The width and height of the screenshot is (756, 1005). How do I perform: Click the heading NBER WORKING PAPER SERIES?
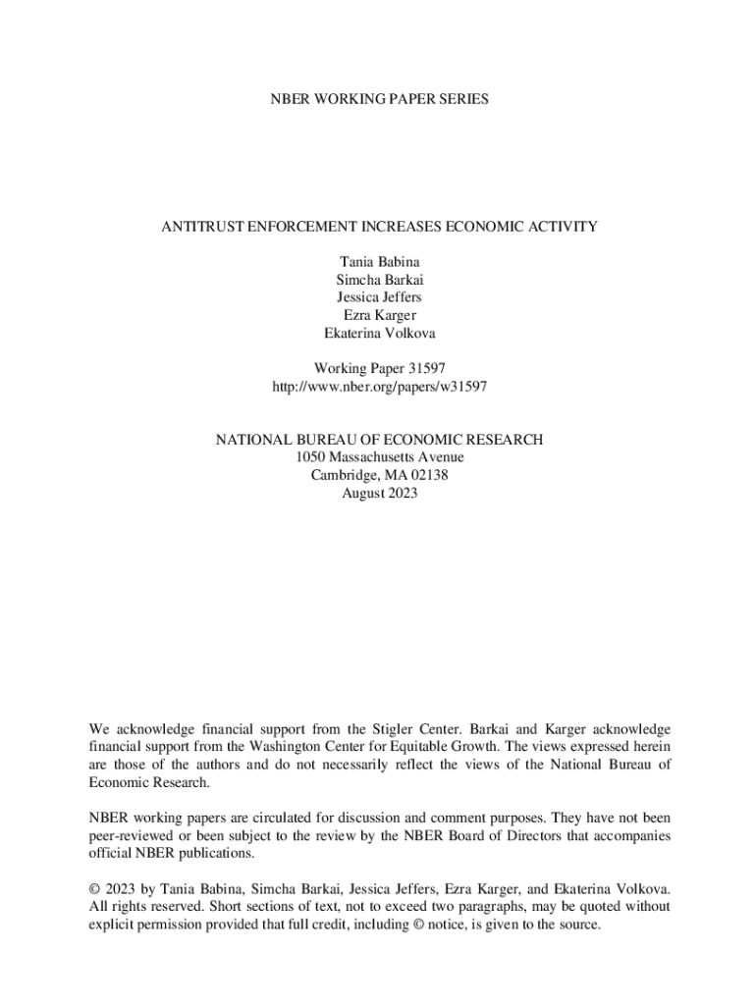379,99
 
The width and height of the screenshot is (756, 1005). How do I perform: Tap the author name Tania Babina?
379,262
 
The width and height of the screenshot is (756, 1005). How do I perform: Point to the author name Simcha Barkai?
379,280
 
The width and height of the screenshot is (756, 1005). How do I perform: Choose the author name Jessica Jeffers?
379,297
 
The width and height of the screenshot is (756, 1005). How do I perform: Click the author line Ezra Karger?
379,315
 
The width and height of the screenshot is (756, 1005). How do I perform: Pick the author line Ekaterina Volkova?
379,333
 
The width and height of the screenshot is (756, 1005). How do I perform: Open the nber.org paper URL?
379,387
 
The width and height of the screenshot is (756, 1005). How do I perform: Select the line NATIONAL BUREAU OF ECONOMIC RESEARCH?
379,441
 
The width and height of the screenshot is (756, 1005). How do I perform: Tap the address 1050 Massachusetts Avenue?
379,457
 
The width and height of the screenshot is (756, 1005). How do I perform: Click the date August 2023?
379,493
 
